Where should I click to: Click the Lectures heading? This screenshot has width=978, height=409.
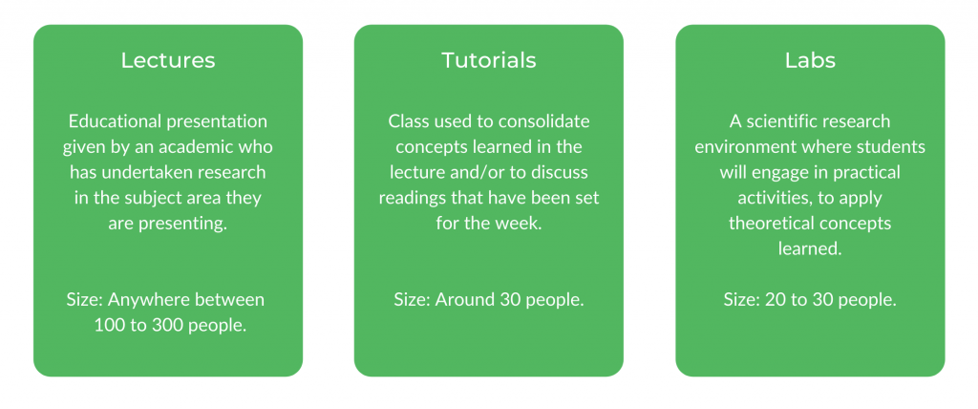tap(168, 60)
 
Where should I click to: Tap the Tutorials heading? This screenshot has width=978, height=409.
tap(488, 60)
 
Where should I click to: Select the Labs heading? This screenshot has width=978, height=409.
tap(810, 60)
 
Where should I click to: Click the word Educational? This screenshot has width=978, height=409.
tap(117, 120)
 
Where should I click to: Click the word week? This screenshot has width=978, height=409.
tap(522, 224)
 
